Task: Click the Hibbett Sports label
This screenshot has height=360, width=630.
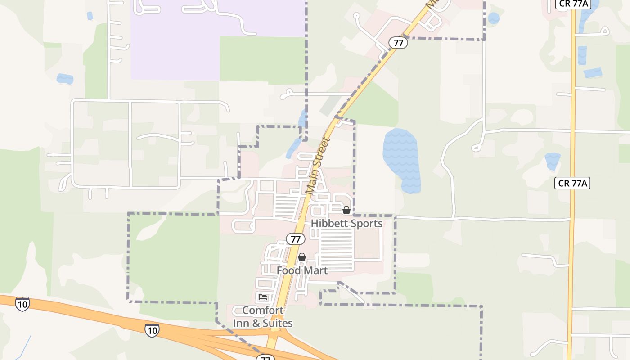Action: point(346,223)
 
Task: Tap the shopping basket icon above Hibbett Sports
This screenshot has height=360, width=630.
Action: point(346,210)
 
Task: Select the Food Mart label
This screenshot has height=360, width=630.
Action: point(302,270)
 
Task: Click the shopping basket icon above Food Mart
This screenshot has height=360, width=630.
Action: point(302,257)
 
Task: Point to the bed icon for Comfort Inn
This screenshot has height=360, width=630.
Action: point(263,297)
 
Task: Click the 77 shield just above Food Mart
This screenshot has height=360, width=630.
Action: point(296,239)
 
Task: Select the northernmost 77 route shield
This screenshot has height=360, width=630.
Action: point(398,43)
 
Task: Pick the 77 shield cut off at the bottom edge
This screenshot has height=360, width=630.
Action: point(265,358)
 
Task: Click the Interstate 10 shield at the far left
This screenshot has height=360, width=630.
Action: point(22,304)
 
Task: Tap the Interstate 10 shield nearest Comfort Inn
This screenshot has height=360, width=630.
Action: point(152,330)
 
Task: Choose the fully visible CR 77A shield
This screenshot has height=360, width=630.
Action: point(572,183)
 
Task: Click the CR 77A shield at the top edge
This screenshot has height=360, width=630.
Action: point(572,4)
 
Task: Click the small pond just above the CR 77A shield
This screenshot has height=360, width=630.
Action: point(552,161)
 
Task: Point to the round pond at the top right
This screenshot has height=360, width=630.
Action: point(494,18)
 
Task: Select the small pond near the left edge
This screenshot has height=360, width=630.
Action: point(65,79)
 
